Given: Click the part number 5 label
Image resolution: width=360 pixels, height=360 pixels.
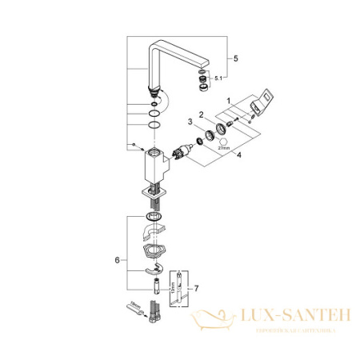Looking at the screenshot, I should [x=235, y=58].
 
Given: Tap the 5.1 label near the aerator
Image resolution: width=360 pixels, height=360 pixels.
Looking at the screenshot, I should [x=210, y=78].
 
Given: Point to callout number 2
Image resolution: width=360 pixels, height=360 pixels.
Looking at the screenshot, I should [x=202, y=114].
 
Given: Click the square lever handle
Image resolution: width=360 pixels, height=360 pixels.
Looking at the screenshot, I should [x=263, y=108].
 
